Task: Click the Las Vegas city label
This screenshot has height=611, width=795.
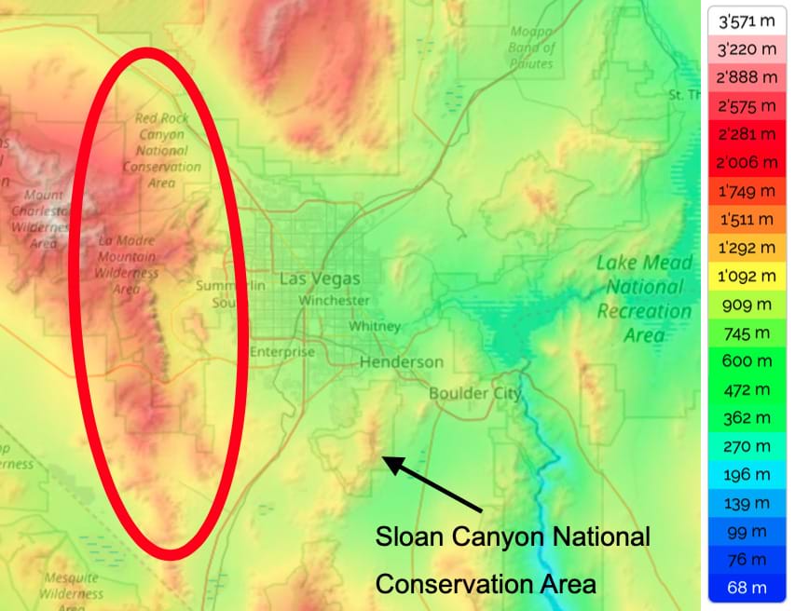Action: (319, 279)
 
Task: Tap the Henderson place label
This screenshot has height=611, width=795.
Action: (402, 361)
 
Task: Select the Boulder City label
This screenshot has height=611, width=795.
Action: (474, 393)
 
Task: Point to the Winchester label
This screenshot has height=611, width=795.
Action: (334, 301)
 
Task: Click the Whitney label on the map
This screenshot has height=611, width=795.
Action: (375, 327)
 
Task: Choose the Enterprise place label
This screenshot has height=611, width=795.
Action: (282, 352)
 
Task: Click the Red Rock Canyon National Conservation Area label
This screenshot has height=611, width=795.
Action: (162, 150)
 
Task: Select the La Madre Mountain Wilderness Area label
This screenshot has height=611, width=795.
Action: (128, 265)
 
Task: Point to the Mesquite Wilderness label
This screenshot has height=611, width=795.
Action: (72, 587)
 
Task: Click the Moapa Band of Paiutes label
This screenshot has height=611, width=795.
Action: (532, 48)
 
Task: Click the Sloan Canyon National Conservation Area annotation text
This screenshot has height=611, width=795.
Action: (512, 561)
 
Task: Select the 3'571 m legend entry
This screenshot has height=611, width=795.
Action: (747, 20)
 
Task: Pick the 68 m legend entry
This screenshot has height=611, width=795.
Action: (747, 587)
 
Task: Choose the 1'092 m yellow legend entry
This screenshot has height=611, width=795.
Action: (747, 276)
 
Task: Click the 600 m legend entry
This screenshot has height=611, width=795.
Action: (747, 360)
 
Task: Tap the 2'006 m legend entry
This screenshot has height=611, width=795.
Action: (747, 162)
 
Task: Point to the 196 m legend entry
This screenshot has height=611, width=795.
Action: (747, 474)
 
